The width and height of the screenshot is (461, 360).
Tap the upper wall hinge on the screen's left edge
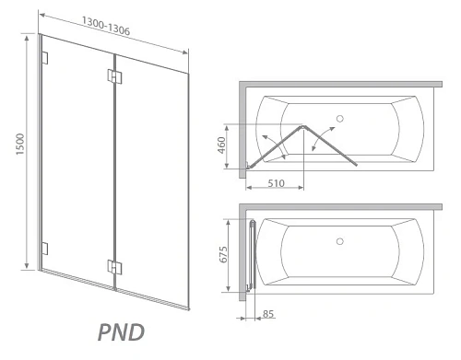click(44, 58)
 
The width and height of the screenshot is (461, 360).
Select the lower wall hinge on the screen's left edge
click(44, 248)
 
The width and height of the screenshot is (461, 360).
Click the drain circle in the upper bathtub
click(341, 118)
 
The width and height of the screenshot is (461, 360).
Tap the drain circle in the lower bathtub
click(341, 241)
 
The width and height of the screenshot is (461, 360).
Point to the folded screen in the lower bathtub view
click(253, 254)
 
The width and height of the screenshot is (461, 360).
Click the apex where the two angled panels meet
click(302, 124)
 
